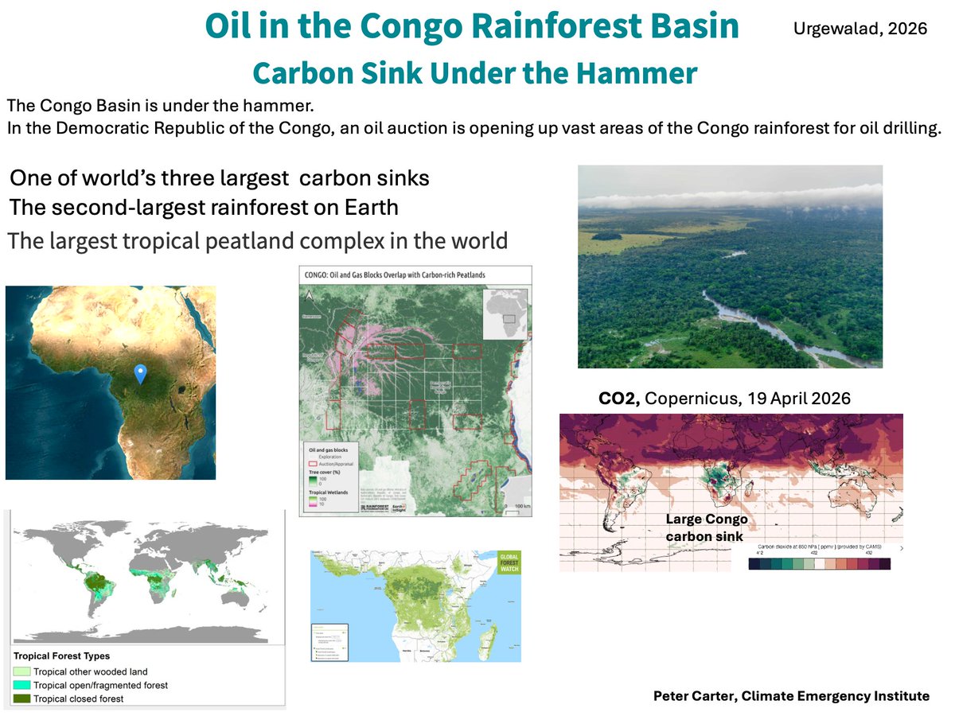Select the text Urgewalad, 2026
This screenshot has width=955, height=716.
tap(860, 29)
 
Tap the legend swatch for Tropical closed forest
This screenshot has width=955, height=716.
tap(21, 698)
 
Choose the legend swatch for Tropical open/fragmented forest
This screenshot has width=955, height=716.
tap(21, 685)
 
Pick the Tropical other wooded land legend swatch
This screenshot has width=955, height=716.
tap(21, 671)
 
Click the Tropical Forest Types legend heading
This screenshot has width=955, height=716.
tap(62, 656)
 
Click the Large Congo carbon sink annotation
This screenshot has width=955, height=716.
tap(706, 527)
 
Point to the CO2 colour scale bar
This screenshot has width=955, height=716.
tap(819, 563)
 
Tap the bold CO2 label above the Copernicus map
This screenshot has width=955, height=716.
tap(620, 399)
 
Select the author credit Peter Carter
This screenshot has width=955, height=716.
tap(790, 695)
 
